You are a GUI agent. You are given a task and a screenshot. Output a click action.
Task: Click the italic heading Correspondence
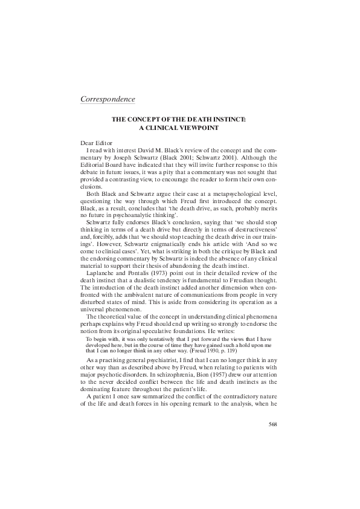coord(108,98)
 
